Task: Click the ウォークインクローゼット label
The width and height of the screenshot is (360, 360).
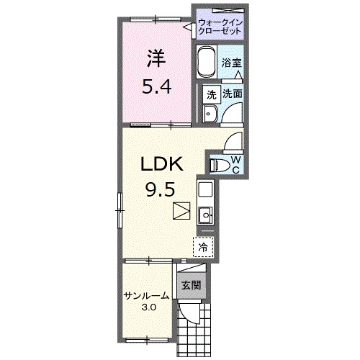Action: coord(220,27)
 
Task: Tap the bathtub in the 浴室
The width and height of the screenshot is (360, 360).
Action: coord(206,61)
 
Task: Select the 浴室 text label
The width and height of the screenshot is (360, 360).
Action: coord(231,63)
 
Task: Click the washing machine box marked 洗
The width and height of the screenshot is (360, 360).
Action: coord(211,94)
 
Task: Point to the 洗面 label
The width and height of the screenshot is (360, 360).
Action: coord(232,94)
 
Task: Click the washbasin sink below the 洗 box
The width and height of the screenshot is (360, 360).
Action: coord(210,114)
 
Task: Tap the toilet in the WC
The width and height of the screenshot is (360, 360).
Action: coord(218,165)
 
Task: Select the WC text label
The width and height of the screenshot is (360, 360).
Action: coord(236,165)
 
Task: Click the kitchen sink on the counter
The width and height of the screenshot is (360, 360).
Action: coord(206,215)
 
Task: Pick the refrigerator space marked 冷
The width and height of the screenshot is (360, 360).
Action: coord(203,247)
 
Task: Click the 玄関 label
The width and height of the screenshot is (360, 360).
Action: coord(191,285)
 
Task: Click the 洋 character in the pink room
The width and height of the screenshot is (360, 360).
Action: coord(156,58)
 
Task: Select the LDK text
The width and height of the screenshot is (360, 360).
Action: coord(162,163)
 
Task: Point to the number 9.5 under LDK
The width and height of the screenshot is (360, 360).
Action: coord(160,189)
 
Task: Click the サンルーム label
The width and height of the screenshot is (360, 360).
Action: coord(147,296)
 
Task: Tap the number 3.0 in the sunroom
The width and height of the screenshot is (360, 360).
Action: coord(149,307)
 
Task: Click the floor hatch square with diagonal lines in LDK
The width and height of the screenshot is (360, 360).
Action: coord(181,211)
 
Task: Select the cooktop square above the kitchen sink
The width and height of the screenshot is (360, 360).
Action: coord(205,189)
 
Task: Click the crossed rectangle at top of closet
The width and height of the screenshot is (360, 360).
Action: coord(228,10)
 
